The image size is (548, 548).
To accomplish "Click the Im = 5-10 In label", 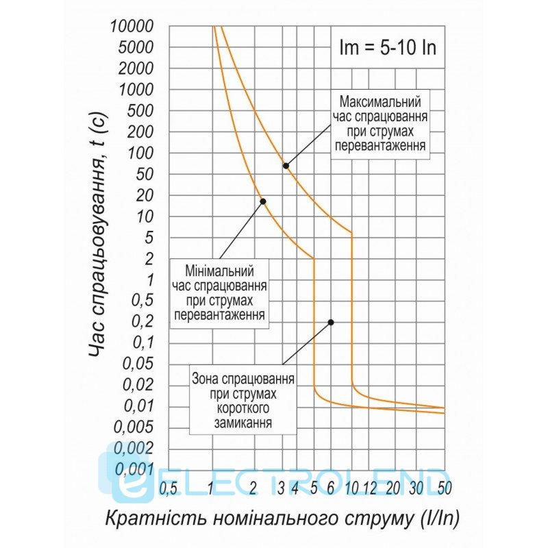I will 388,49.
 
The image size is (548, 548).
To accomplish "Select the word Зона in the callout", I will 206,378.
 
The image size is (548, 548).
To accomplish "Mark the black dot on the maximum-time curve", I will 286,166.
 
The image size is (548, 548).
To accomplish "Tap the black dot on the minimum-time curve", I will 263,201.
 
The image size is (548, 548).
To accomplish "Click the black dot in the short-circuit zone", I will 331,321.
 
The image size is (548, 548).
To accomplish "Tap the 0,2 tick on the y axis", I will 140,322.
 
